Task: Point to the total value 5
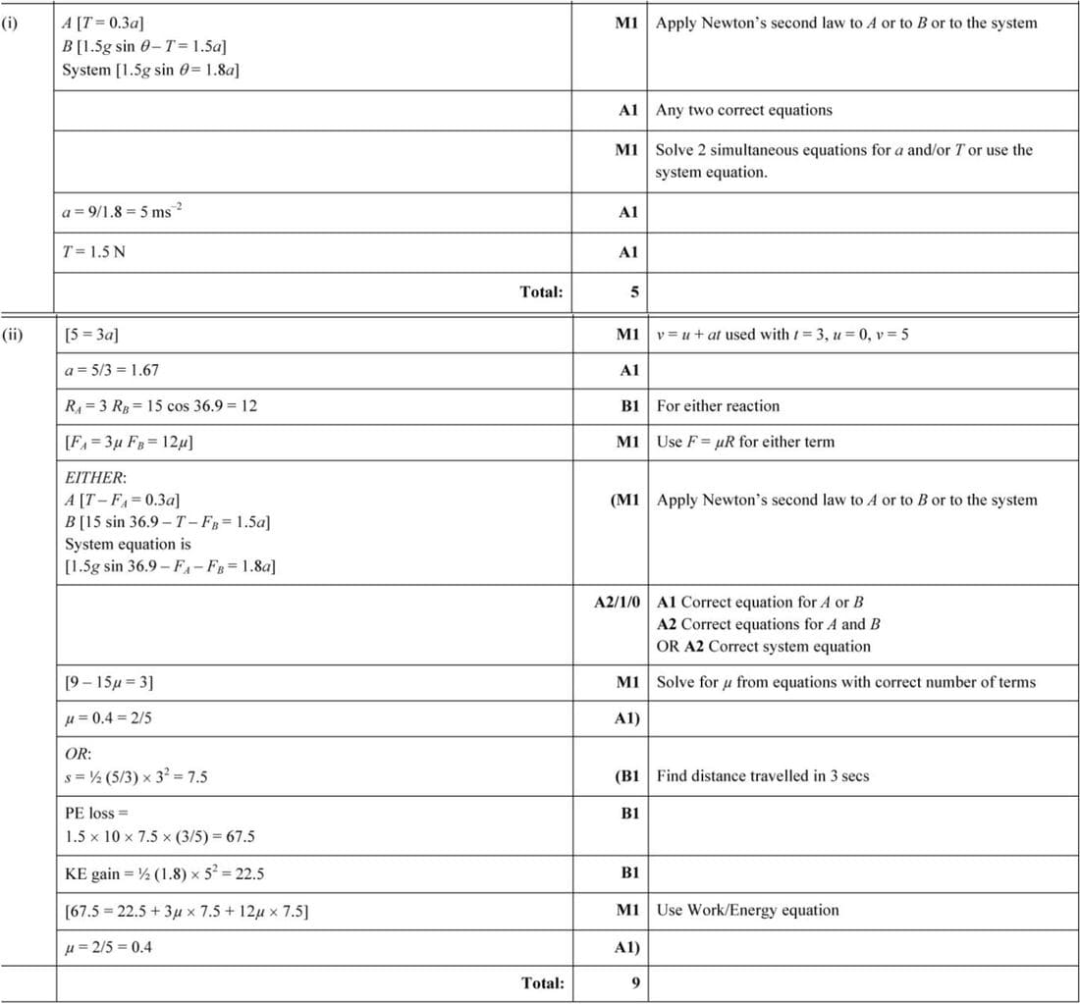point(634,291)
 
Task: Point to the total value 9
point(634,982)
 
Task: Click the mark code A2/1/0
point(618,602)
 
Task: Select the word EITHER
point(95,478)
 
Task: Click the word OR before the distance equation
point(78,755)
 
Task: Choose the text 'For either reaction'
point(718,405)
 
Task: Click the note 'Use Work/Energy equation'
point(747,910)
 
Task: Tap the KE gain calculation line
point(164,873)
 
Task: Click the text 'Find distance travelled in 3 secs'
point(763,775)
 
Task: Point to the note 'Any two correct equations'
point(743,110)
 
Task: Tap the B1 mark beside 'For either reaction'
point(628,405)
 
